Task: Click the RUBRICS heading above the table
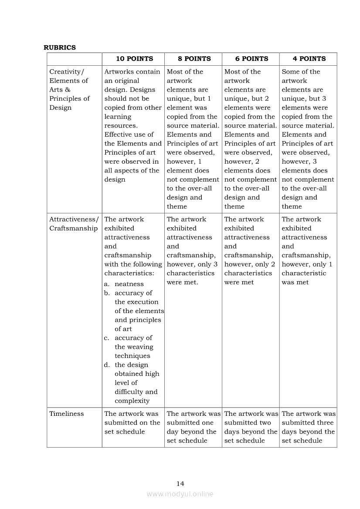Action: tap(60, 47)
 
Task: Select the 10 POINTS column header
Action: tap(134, 59)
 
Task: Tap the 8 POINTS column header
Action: tap(194, 59)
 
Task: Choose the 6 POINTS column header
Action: tap(251, 59)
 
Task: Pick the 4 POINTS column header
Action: tap(309, 59)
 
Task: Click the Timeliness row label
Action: tap(67, 414)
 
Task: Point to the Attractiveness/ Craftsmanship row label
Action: tap(74, 224)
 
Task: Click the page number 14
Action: tap(180, 483)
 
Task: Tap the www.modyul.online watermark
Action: tap(180, 494)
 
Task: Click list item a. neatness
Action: tap(129, 284)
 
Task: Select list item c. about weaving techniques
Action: tap(133, 347)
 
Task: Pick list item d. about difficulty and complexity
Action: tap(136, 383)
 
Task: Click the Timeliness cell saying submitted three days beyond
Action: tap(308, 427)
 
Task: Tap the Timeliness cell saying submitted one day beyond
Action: tap(193, 427)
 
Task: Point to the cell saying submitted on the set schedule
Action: tap(132, 423)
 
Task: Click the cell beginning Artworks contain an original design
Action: tap(132, 125)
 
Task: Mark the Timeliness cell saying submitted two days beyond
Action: tap(251, 427)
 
